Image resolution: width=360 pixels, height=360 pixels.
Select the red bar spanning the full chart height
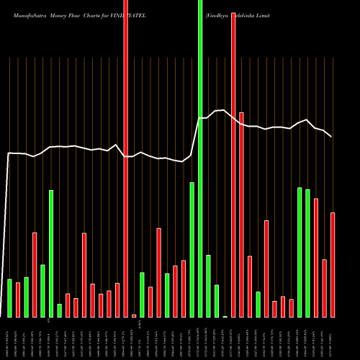point(125,158)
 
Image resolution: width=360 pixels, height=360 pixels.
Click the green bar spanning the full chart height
point(200,158)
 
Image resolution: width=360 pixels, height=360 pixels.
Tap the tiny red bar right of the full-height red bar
point(134,315)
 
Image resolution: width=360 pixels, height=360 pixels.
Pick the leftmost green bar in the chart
point(9,298)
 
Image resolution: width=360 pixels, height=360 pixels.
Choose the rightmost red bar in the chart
point(333,264)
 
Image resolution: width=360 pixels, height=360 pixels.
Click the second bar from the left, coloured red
point(18,300)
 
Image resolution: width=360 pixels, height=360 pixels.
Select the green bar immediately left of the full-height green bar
point(192,249)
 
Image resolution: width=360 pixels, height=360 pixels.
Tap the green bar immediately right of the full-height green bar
point(208,286)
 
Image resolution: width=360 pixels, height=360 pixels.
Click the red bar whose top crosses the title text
point(233,166)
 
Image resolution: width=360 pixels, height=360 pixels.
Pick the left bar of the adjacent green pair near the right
point(300,252)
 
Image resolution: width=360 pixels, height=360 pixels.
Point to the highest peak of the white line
point(225,110)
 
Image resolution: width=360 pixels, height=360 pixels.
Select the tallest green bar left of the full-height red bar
point(51,253)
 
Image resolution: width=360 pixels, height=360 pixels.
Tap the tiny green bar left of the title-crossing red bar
point(225,316)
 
